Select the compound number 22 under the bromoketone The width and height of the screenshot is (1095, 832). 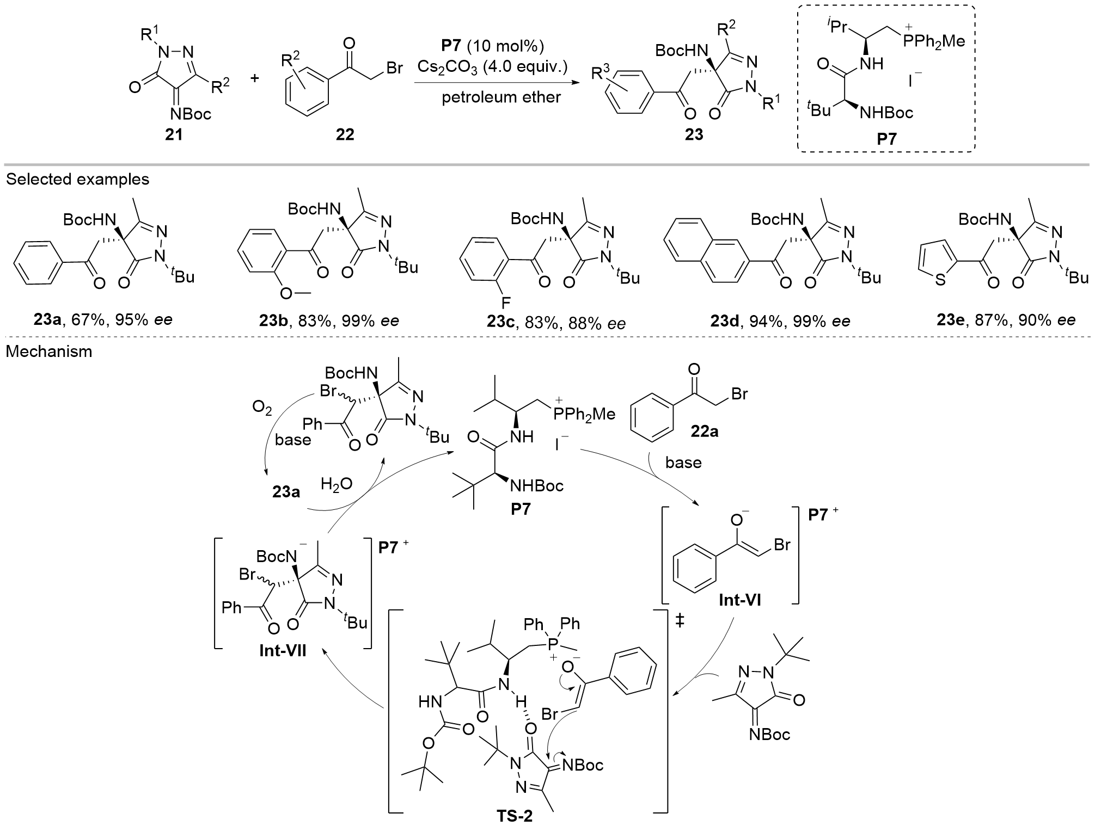(345, 134)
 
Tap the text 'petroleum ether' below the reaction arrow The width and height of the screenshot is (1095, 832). (501, 98)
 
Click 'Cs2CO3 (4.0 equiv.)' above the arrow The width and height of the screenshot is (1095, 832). (492, 67)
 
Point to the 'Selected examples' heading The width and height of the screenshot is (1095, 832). (77, 179)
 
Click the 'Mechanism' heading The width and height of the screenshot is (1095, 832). (48, 352)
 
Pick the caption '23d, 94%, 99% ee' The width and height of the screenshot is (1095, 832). (780, 321)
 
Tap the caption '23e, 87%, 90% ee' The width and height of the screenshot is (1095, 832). (1006, 320)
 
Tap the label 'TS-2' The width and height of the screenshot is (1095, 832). (513, 816)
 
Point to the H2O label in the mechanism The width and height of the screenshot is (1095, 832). (336, 484)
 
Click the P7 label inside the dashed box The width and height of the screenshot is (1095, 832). (886, 138)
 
